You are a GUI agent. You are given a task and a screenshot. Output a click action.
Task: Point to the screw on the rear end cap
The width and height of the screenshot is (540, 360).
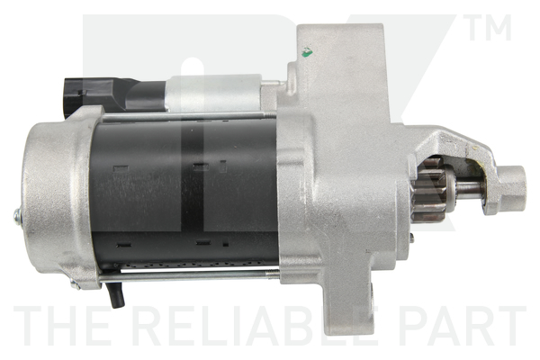(x=17, y=215)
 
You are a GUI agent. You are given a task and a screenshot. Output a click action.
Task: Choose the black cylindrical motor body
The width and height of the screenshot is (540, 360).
(x=180, y=193)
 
